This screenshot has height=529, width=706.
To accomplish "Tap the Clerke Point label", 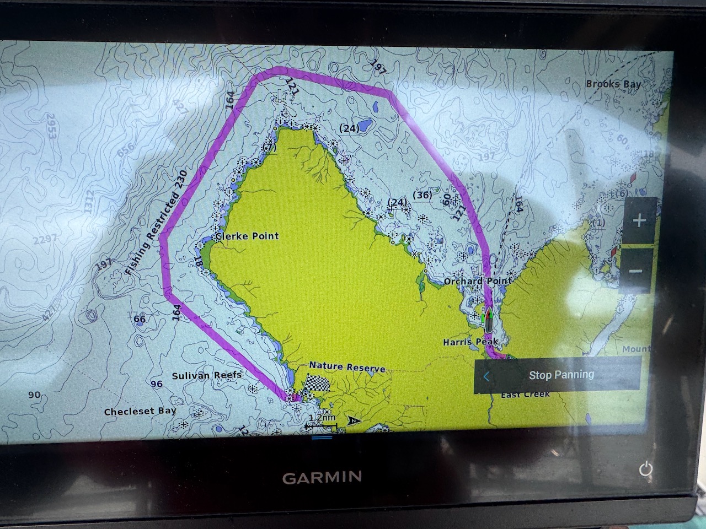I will [247, 236].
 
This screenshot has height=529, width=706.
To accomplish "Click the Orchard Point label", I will [478, 280].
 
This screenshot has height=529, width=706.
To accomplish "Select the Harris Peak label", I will [470, 342].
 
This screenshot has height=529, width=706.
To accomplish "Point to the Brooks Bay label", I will [613, 84].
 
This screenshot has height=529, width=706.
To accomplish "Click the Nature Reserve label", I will [347, 366].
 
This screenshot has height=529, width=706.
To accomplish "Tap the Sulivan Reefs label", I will [206, 376].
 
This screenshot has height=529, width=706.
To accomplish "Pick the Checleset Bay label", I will [140, 411].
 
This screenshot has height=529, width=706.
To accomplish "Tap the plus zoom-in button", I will [639, 221].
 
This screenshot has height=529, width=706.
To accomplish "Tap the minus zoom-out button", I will [635, 271].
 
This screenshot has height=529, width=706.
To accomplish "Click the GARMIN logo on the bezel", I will [322, 477].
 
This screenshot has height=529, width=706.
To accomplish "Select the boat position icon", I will [489, 320].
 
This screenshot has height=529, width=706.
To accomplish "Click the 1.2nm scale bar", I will [322, 422].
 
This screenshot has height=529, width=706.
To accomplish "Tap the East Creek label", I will [525, 395].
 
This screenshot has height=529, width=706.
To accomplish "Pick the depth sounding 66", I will [140, 319].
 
